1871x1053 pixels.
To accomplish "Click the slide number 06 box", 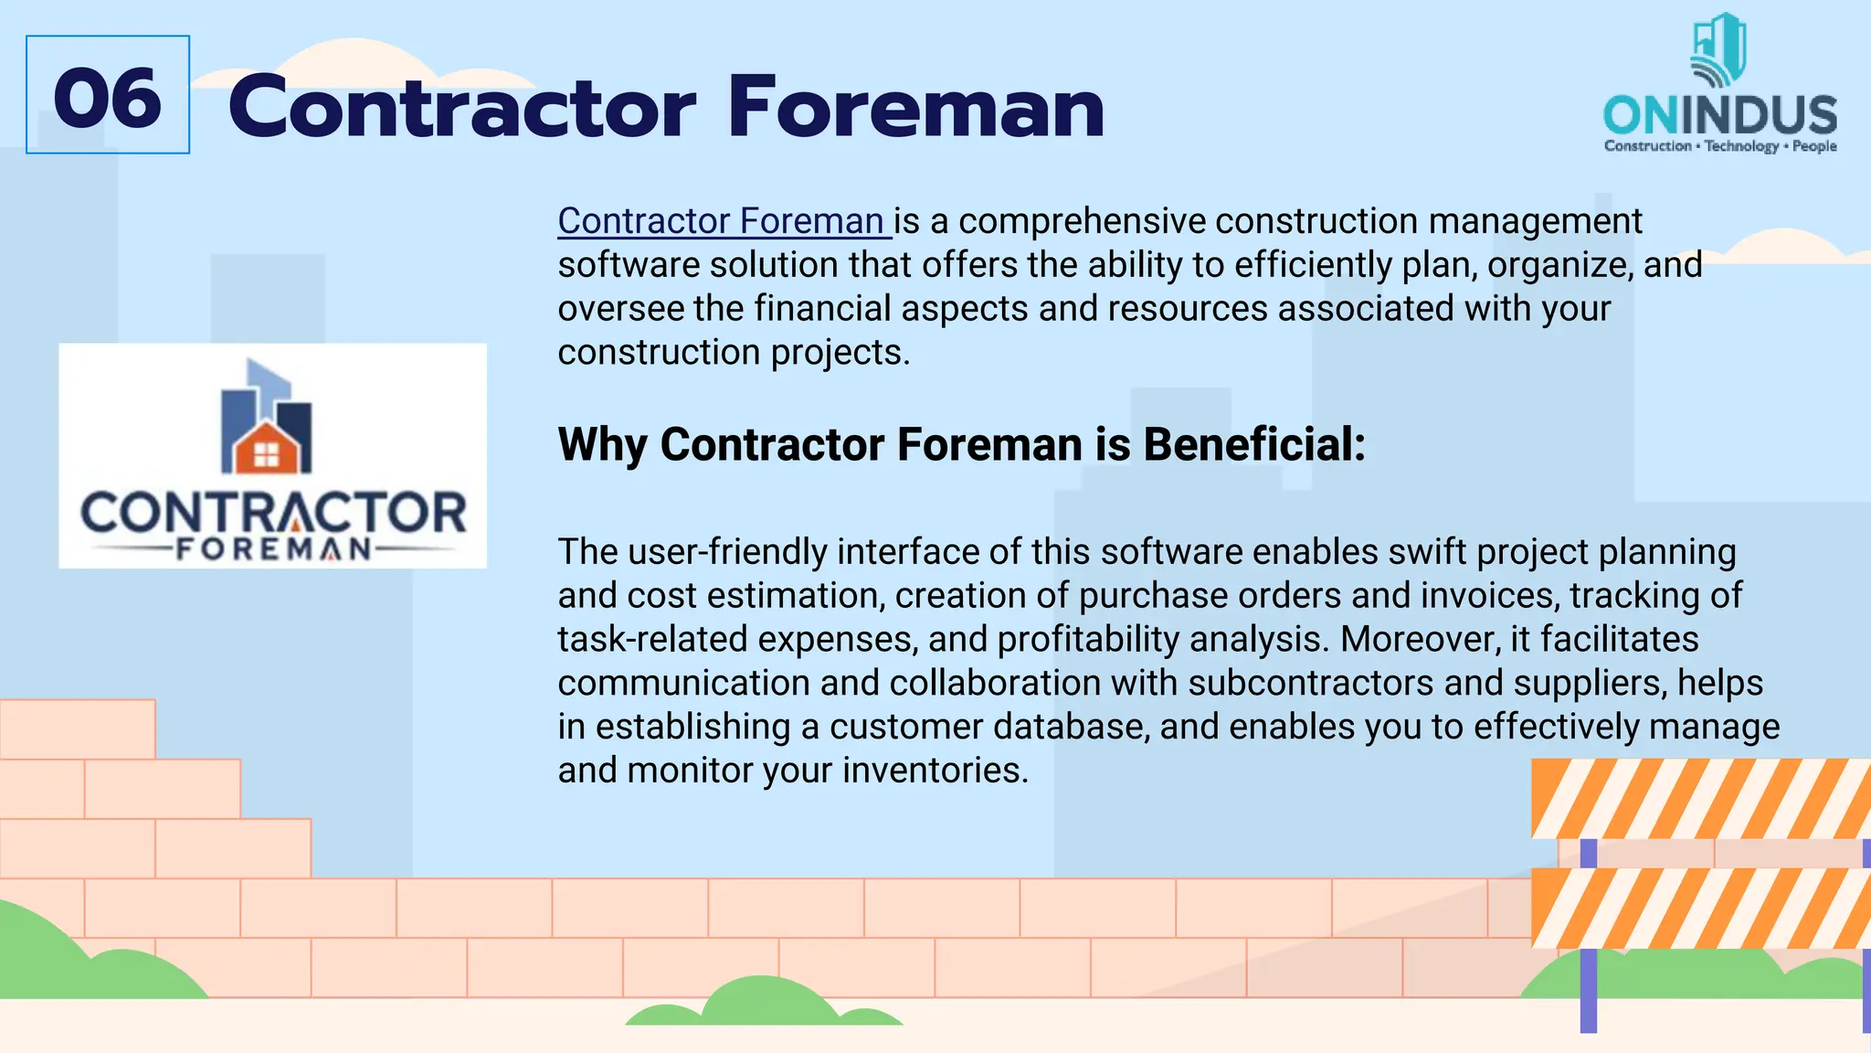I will (108, 95).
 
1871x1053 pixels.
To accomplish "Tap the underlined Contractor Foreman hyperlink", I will (722, 221).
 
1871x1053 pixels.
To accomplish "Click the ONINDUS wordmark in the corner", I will (1719, 116).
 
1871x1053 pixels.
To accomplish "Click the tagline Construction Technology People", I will (1719, 146).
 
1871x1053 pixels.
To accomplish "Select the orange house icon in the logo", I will (266, 449).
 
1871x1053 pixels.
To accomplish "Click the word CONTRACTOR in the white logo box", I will (273, 513).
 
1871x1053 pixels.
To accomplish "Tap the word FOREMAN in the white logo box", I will (273, 549).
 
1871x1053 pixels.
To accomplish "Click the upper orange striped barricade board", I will (1700, 798).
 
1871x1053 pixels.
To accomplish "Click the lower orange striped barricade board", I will (1700, 908).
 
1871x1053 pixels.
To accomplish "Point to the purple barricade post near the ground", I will (1589, 991).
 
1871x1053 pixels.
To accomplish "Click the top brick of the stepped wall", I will (78, 729).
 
